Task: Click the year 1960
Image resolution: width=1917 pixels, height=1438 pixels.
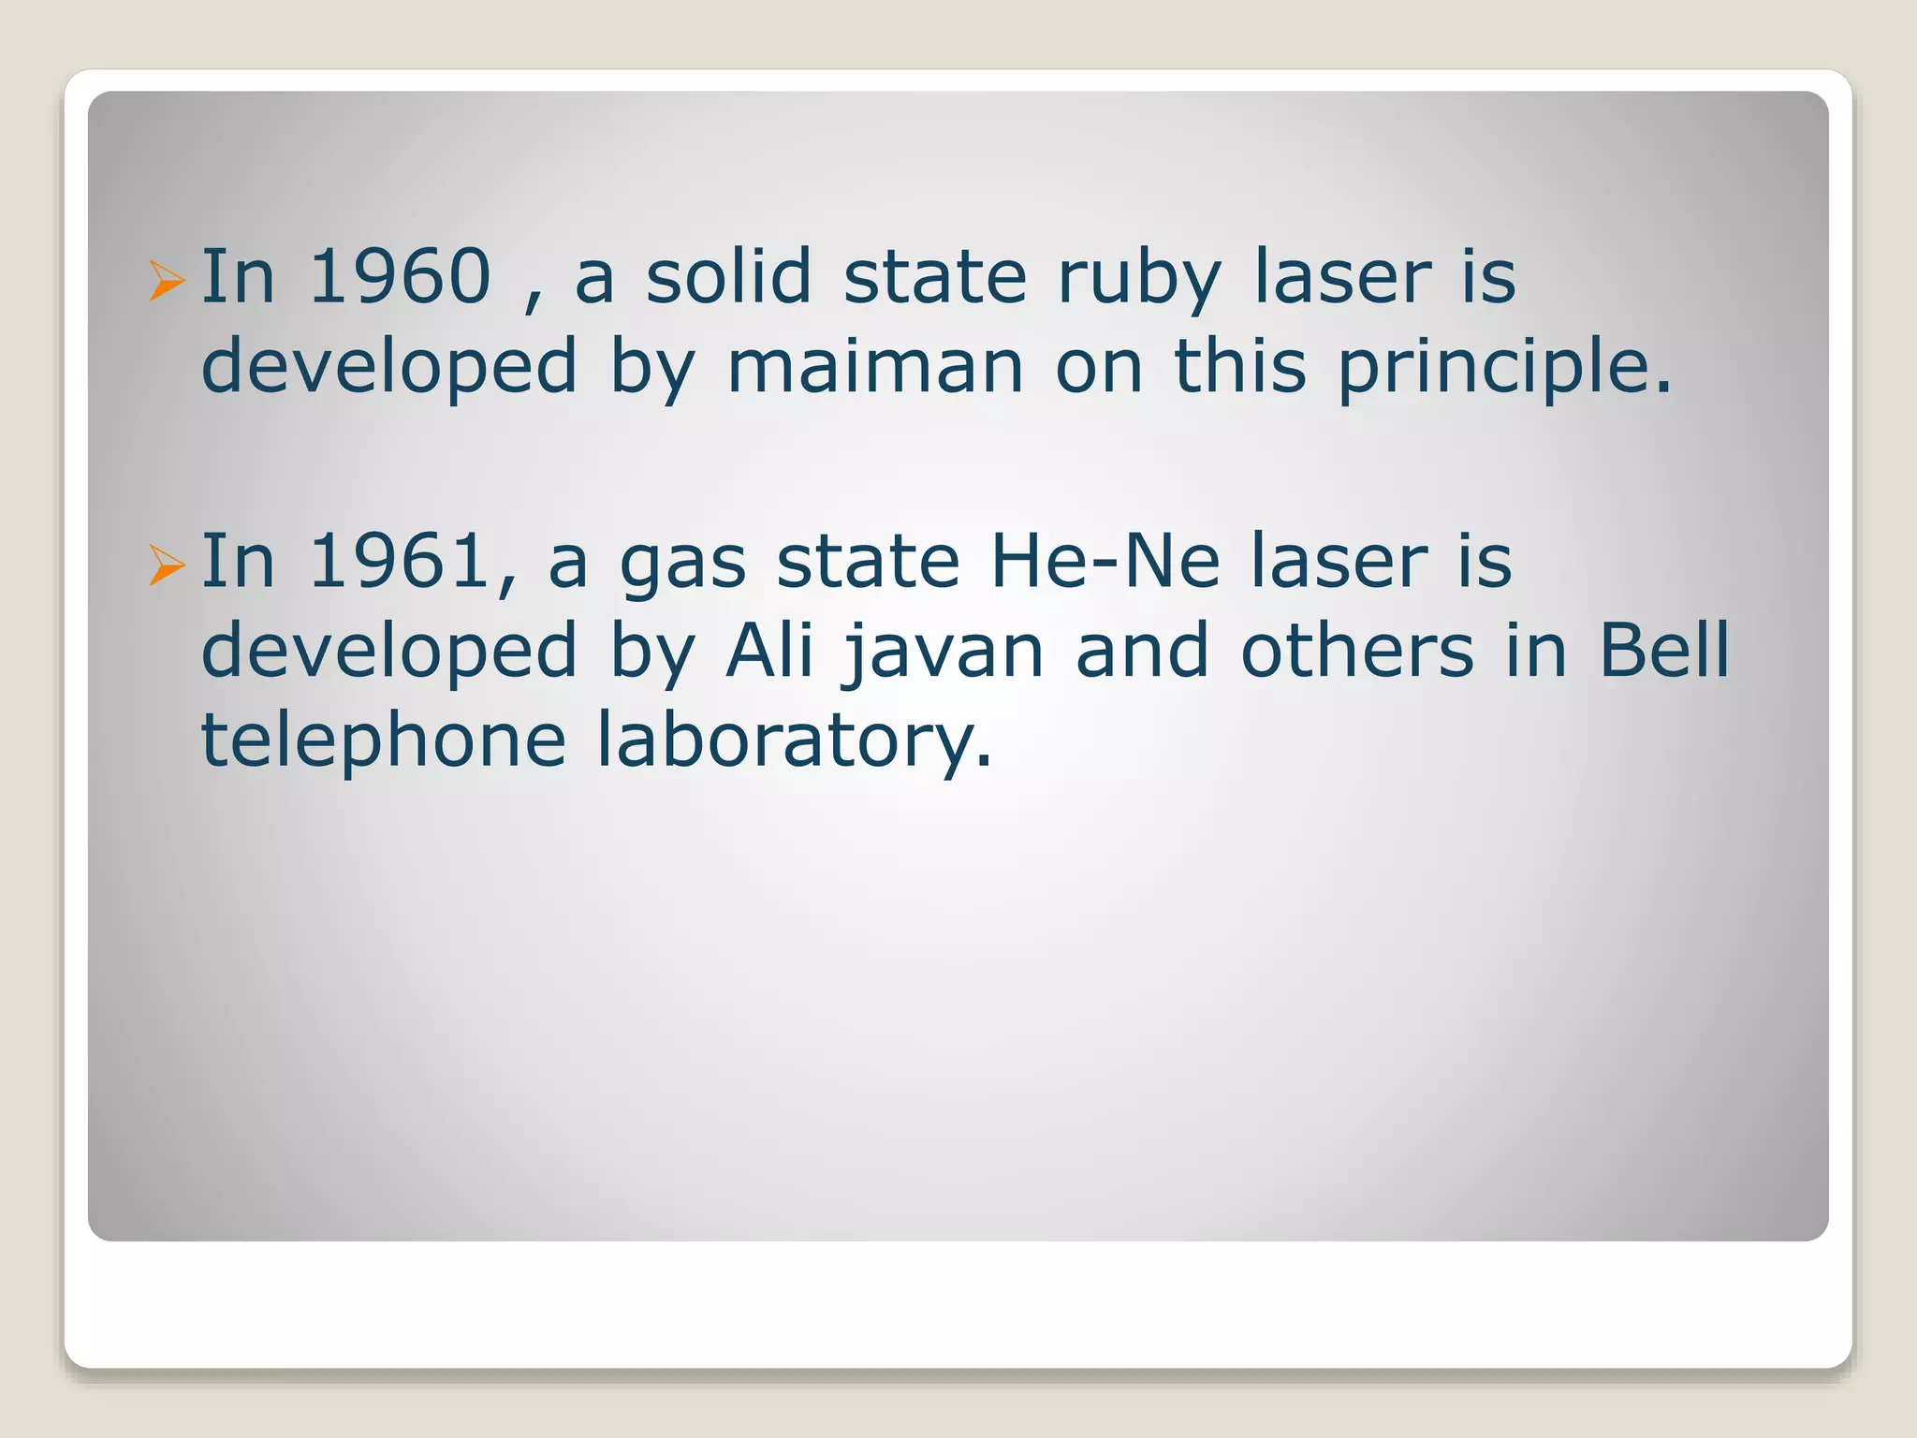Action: (x=400, y=277)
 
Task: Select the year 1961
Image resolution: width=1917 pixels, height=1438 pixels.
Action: (x=400, y=562)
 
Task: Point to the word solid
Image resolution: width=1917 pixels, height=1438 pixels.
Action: (x=728, y=277)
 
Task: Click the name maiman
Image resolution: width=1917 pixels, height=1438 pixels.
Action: (x=875, y=367)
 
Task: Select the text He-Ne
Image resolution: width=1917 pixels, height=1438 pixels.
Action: (x=1105, y=562)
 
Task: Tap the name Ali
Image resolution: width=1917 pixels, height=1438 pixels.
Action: (x=768, y=651)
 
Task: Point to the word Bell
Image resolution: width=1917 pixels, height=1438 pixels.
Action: (x=1664, y=651)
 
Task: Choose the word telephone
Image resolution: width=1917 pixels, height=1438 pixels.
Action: (x=384, y=742)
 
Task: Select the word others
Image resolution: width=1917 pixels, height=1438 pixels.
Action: (x=1357, y=651)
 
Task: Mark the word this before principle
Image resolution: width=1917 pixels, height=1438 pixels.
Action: (x=1239, y=366)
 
